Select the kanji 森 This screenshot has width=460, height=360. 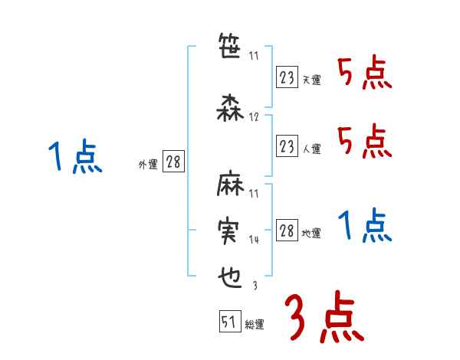tap(228, 108)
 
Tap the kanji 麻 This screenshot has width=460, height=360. tap(228, 186)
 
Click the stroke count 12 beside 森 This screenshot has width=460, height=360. tap(255, 117)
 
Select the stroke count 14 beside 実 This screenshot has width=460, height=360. tap(255, 240)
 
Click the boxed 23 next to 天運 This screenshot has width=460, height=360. tap(287, 77)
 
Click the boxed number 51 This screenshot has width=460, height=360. tap(228, 322)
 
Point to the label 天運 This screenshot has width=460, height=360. tap(311, 80)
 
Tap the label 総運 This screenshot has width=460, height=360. tap(255, 325)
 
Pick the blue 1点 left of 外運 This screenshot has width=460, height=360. tap(74, 157)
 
